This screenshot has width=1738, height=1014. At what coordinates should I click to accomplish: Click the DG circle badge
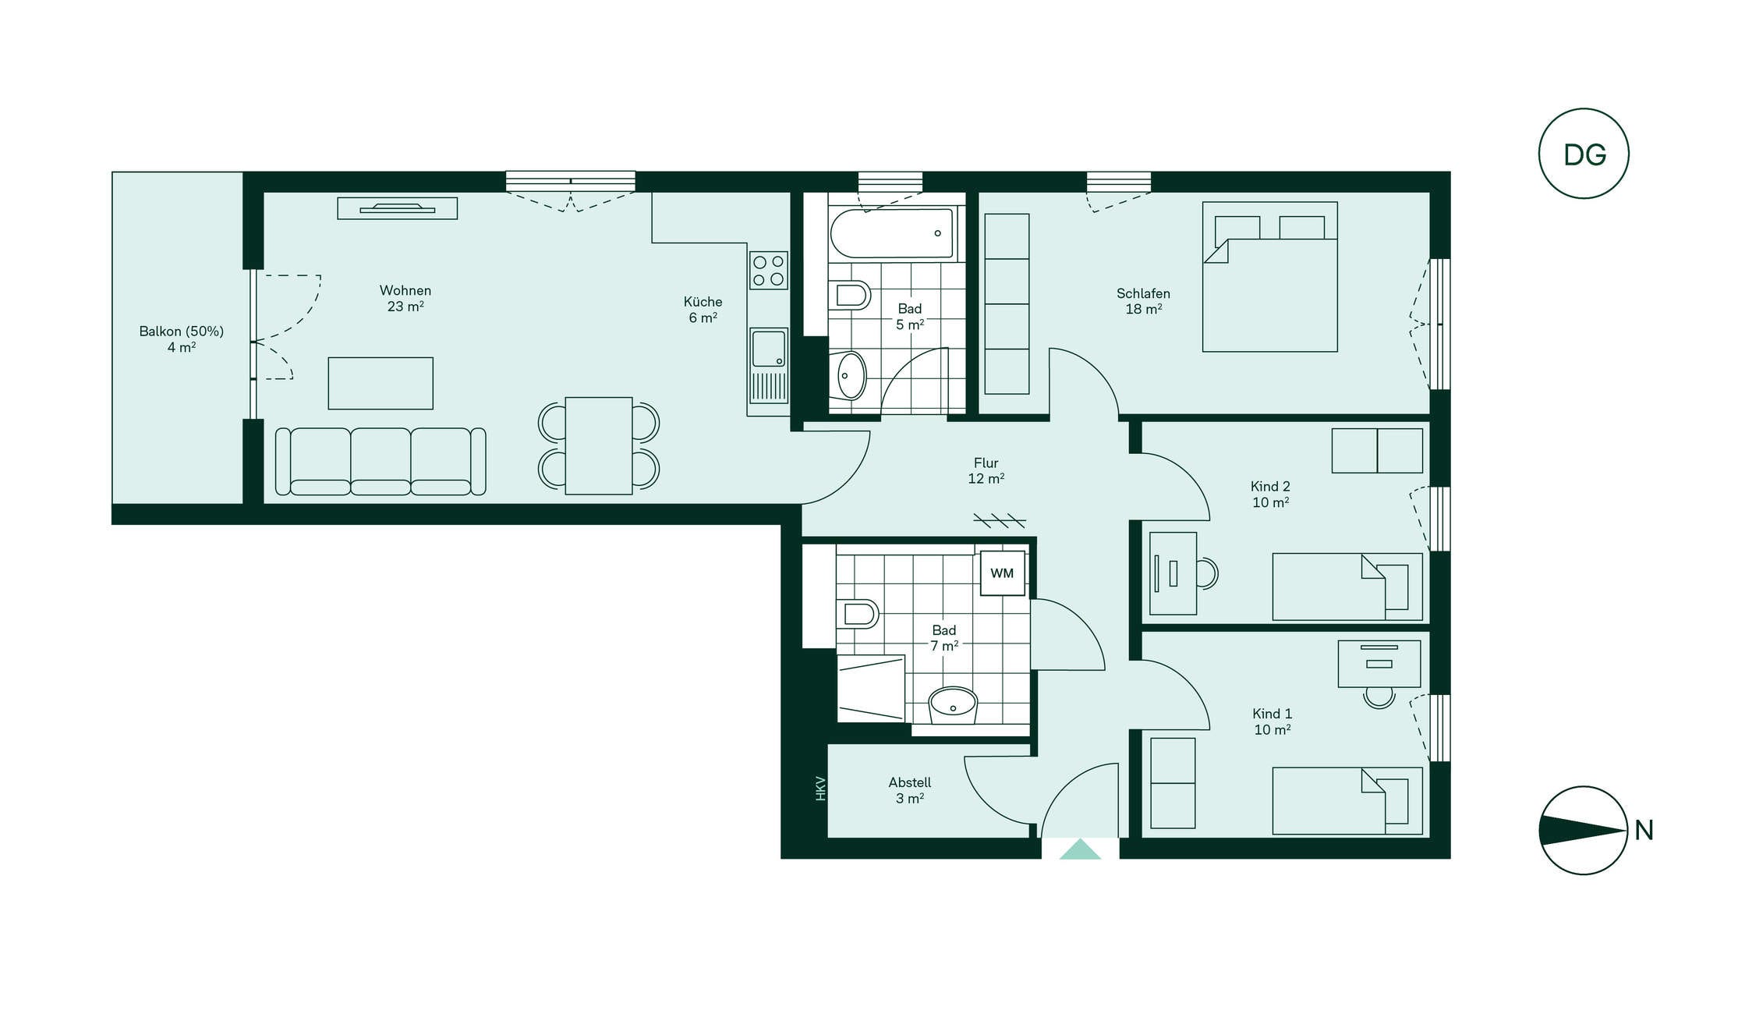[x=1583, y=154]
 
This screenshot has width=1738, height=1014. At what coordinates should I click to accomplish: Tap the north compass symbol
[x=1583, y=830]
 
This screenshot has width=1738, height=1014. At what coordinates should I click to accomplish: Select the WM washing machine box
[x=1002, y=573]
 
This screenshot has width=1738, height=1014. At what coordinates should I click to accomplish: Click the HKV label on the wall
[x=820, y=788]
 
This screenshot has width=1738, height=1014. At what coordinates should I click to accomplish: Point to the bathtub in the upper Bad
[x=892, y=233]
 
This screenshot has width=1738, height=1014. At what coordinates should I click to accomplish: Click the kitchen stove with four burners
[x=768, y=270]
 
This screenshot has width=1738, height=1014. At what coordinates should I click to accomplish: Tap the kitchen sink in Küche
[x=769, y=365]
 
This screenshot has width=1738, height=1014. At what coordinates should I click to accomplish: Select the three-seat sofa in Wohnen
[x=381, y=461]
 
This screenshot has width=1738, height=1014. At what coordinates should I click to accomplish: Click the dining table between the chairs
[x=599, y=445]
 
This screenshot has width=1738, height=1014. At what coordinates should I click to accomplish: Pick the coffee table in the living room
[x=381, y=383]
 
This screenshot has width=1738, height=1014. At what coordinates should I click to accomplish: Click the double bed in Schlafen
[x=1270, y=277]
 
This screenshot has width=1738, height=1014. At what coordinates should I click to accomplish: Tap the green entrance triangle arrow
[x=1080, y=849]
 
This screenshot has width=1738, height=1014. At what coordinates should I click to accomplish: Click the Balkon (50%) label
[x=182, y=331]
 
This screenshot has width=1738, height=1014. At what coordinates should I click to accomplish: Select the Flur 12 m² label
[x=986, y=470]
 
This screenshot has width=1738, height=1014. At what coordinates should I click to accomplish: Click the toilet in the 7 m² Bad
[x=857, y=613]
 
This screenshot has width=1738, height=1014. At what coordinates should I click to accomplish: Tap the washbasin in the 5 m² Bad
[x=851, y=376]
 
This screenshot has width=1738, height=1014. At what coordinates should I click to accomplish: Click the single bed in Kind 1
[x=1347, y=801]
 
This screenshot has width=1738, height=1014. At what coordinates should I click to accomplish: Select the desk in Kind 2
[x=1173, y=573]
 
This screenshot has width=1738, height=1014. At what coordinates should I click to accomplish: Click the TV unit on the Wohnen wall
[x=398, y=208]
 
